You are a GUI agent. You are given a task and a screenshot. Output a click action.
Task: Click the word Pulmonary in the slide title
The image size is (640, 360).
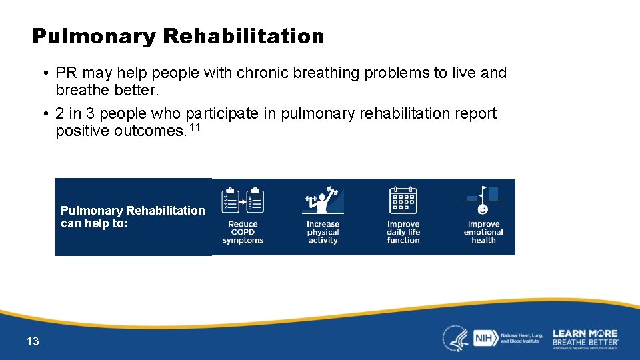(93, 36)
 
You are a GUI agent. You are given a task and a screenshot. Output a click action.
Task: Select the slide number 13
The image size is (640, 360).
(33, 341)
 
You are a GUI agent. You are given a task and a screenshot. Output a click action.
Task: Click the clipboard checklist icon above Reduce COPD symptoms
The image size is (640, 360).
(243, 200)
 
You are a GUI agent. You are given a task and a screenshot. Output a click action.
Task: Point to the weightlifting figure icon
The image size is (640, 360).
(323, 200)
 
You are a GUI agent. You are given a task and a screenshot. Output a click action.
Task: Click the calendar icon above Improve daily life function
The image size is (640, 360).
(403, 200)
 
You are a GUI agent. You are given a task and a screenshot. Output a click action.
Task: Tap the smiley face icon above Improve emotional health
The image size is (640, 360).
(483, 209)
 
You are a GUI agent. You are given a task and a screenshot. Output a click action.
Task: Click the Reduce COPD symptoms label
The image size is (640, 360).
(243, 232)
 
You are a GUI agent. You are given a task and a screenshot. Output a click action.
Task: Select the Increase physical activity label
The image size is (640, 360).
(323, 232)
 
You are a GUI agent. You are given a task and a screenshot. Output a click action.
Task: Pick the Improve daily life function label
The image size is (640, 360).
(403, 232)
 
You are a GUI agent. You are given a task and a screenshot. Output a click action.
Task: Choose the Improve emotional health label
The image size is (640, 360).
(483, 232)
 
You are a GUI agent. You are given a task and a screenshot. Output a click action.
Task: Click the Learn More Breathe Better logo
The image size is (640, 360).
(585, 338)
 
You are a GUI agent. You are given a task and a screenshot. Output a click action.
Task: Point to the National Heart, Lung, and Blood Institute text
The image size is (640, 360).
(521, 338)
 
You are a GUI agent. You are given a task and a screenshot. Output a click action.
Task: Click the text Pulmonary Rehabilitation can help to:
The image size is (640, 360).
(133, 217)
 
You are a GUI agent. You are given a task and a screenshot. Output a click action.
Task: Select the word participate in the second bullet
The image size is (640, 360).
(223, 113)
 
